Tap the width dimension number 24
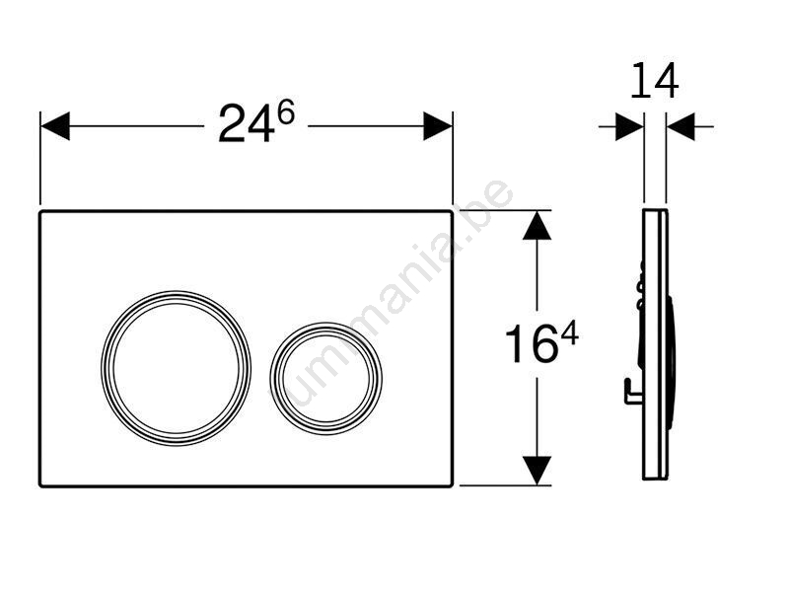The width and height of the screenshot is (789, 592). [x=247, y=123]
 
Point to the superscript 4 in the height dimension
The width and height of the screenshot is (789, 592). [x=569, y=334]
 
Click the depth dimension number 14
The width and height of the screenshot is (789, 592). [x=654, y=81]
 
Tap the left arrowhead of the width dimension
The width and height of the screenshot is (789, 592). [x=55, y=126]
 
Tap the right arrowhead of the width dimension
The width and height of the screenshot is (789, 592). [x=438, y=126]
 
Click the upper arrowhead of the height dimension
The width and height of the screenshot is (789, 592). [x=537, y=225]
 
